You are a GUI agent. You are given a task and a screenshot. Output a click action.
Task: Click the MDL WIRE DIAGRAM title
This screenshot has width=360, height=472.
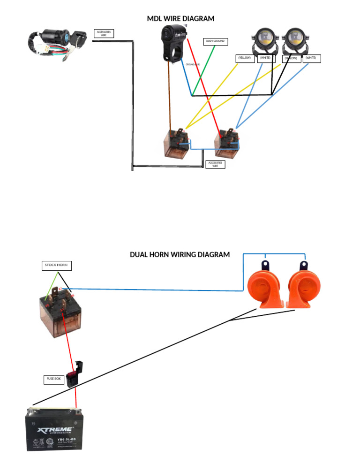[x=180, y=19]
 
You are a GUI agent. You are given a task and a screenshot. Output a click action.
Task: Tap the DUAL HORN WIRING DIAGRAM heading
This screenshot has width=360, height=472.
[x=180, y=255]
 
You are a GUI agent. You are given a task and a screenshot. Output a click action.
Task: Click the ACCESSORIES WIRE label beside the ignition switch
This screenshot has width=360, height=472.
[x=104, y=33]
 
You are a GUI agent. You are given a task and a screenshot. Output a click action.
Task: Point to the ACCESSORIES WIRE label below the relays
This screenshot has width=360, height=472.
[x=215, y=164]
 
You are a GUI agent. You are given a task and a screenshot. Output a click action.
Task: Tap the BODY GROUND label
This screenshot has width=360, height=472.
[x=216, y=41]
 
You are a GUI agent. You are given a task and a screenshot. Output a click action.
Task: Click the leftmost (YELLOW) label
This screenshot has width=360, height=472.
[x=245, y=58]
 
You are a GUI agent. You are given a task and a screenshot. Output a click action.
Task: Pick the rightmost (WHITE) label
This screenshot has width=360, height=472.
[x=311, y=58]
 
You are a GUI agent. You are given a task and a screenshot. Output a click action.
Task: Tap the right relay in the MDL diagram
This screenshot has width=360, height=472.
[x=227, y=142]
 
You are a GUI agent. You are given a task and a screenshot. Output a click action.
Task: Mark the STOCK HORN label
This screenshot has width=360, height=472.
[x=56, y=266]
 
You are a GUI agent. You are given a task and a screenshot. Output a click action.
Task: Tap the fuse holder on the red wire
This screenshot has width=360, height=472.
[x=75, y=374]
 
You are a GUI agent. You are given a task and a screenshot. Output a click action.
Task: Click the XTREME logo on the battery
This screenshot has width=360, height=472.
[x=55, y=429]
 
